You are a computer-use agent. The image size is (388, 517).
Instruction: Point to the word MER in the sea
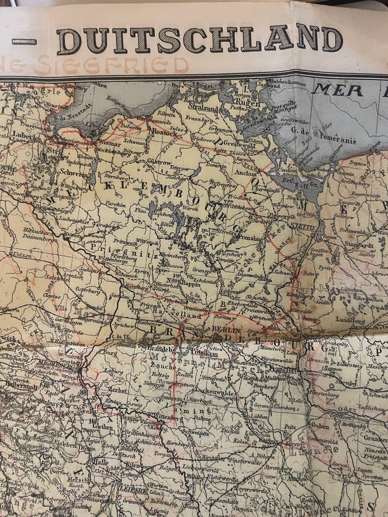click(x=338, y=90)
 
